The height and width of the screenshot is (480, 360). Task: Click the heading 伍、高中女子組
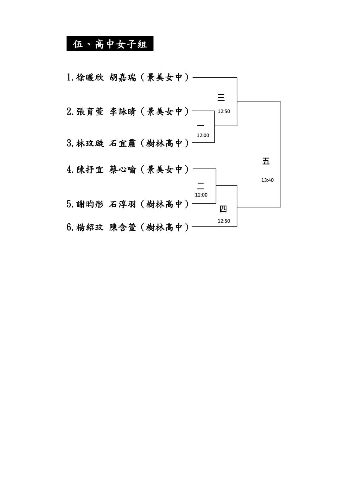tap(110, 44)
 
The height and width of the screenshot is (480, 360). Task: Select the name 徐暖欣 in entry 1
tap(90, 77)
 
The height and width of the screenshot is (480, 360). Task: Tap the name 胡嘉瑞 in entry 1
tap(122, 77)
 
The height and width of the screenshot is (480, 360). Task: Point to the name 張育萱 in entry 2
tap(90, 111)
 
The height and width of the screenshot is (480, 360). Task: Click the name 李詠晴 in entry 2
tap(122, 111)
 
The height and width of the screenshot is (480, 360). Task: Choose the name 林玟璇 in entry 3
tap(90, 143)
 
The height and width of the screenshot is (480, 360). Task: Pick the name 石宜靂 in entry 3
tap(122, 143)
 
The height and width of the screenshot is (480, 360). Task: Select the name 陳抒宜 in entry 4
tap(90, 169)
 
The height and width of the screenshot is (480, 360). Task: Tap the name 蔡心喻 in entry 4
tap(122, 169)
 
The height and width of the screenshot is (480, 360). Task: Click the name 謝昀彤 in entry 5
tap(90, 204)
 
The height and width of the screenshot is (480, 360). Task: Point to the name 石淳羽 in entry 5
tap(122, 204)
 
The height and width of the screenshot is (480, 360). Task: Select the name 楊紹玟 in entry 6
tap(90, 227)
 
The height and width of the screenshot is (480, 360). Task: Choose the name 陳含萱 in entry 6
tap(122, 227)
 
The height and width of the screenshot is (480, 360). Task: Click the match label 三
tap(221, 97)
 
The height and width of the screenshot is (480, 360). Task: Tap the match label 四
tap(223, 209)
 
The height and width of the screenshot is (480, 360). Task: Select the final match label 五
tap(266, 161)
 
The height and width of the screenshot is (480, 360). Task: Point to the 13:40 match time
tap(267, 180)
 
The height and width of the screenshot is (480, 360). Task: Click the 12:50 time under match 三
tap(224, 111)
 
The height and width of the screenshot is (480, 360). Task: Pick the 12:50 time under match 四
tap(224, 221)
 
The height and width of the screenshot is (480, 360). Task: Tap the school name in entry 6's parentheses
tap(165, 227)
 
